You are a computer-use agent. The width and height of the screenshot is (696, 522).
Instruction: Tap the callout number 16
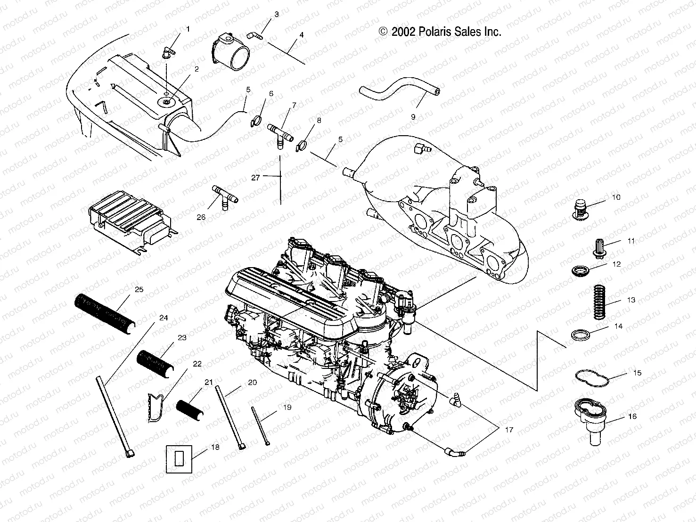(632, 416)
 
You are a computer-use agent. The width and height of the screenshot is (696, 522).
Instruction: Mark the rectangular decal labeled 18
(179, 457)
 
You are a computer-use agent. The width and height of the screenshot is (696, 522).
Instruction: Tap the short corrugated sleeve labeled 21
(190, 409)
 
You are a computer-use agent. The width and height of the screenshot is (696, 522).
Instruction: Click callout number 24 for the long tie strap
(163, 318)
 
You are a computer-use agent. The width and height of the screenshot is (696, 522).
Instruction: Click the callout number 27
(255, 178)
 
